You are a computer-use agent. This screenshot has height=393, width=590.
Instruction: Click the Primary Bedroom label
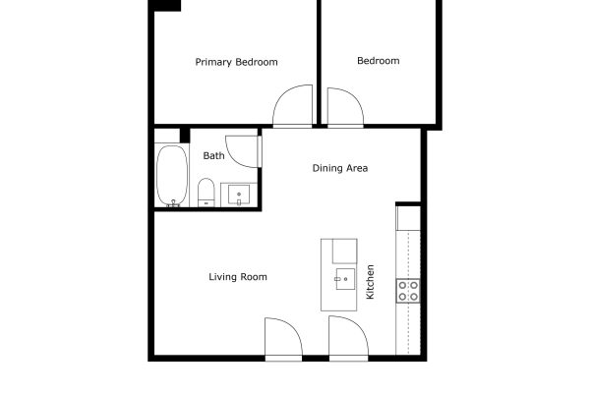pyautogui.click(x=236, y=62)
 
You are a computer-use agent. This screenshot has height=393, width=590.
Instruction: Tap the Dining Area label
pyautogui.click(x=340, y=168)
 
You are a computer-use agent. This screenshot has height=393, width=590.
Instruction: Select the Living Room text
pyautogui.click(x=238, y=277)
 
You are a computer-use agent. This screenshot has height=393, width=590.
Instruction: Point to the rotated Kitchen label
pyautogui.click(x=371, y=282)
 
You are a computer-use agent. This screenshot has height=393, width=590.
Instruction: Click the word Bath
pyautogui.click(x=213, y=155)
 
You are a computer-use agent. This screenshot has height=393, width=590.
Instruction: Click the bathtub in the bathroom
pyautogui.click(x=172, y=175)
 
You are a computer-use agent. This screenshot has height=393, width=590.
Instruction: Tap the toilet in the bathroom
pyautogui.click(x=206, y=193)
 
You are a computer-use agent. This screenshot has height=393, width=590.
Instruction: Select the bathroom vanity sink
pyautogui.click(x=239, y=195)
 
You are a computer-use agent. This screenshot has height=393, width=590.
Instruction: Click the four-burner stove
pyautogui.click(x=408, y=291)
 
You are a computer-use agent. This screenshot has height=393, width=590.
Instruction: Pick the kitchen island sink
pyautogui.click(x=345, y=279)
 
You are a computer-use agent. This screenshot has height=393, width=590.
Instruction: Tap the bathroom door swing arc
pyautogui.click(x=235, y=158)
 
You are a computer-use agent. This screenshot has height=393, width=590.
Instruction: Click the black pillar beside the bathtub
pyautogui.click(x=185, y=136)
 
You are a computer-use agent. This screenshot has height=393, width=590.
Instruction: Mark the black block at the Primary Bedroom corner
pyautogui.click(x=165, y=5)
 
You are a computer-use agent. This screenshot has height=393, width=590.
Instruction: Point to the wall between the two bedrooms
pyautogui.click(x=319, y=62)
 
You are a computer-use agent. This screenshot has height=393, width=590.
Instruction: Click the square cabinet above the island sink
pyautogui.click(x=345, y=251)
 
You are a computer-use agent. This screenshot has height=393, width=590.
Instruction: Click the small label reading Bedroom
pyautogui.click(x=379, y=61)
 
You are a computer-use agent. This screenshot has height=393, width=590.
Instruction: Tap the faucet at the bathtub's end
pyautogui.click(x=173, y=203)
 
